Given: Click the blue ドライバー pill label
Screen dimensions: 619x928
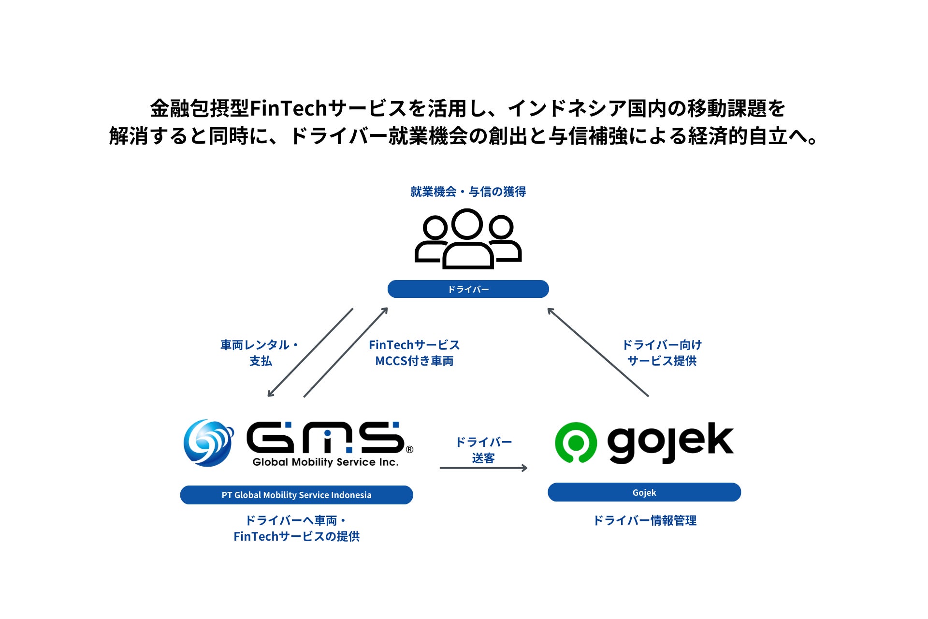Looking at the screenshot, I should [468, 289].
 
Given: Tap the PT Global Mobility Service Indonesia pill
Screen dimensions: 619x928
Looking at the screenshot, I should [296, 495].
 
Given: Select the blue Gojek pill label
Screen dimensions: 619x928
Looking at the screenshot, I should [644, 492].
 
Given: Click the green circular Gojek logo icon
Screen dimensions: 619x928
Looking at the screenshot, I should [576, 442].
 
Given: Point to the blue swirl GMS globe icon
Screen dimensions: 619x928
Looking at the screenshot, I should [208, 442].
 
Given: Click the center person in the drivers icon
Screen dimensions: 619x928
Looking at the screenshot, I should [467, 239].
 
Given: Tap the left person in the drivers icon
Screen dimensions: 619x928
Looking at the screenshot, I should [433, 239].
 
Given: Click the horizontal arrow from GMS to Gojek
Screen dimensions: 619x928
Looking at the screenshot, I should [483, 468].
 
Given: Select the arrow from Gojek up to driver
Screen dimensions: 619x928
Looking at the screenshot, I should [598, 352].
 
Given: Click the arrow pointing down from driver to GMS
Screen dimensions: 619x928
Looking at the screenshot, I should [310, 353].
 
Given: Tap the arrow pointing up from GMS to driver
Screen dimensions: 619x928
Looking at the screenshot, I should [346, 353].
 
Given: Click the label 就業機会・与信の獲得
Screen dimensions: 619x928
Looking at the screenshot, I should [468, 192].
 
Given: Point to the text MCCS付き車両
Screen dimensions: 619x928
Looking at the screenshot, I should [414, 361].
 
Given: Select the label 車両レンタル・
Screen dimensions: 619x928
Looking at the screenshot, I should [260, 345].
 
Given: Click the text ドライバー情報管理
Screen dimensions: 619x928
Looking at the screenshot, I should [644, 520].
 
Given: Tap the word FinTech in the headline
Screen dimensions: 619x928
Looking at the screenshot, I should [289, 108].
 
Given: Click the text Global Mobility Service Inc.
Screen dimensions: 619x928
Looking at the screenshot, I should [325, 462].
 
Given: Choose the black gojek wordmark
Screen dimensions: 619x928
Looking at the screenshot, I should [670, 442].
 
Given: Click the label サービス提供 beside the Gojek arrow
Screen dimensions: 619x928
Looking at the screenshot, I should [662, 361].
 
